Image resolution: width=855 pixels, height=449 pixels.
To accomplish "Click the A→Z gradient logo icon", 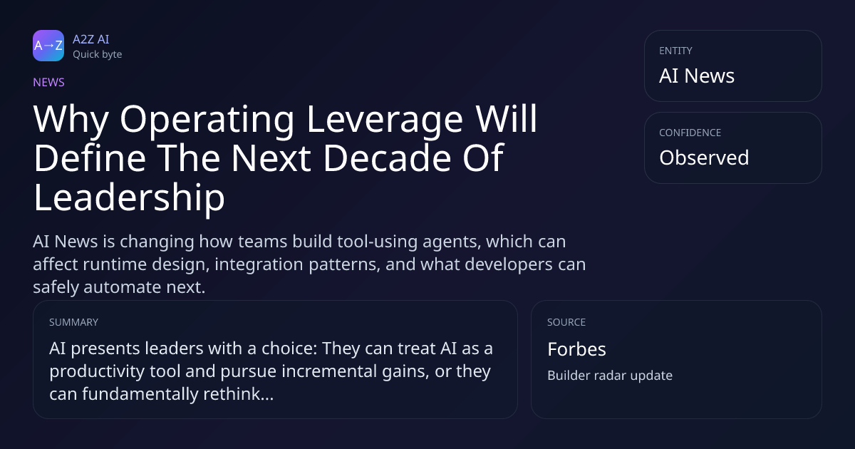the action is [48, 46].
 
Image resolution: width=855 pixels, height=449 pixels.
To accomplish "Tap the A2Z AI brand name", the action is [91, 39].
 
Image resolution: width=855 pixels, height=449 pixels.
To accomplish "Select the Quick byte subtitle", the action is [98, 55].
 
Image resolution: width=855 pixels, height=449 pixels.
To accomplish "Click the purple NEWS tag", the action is [49, 82].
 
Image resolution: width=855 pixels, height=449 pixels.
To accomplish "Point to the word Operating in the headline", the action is [207, 120].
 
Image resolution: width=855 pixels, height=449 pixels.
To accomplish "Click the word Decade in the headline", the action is [388, 158].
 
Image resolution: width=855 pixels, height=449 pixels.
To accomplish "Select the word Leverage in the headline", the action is [385, 120].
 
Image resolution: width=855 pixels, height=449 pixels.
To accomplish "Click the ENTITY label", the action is [675, 51].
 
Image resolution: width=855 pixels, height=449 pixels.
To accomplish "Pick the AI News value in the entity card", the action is [697, 76].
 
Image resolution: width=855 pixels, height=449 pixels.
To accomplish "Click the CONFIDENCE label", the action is [690, 133].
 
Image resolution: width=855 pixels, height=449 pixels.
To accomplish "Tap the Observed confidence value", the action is [704, 158].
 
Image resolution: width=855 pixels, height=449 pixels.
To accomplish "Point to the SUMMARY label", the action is [73, 322].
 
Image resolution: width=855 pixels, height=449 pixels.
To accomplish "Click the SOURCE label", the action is [566, 322].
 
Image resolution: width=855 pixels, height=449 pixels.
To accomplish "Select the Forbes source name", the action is [576, 349].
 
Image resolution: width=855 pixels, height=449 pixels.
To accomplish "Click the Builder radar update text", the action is [610, 376].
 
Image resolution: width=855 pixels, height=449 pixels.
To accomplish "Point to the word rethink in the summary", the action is [232, 393].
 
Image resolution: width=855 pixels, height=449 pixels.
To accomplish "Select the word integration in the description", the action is [259, 265].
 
